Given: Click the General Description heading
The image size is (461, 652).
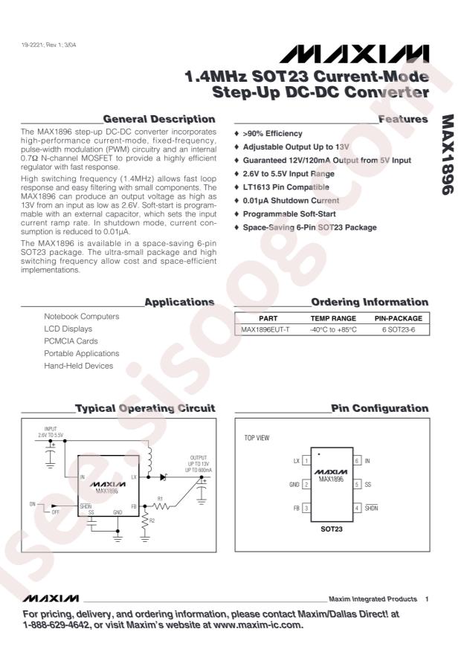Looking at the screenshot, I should tap(159, 119).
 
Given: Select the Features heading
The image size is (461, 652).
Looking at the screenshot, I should tap(403, 119).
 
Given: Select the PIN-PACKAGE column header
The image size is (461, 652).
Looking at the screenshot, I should tap(399, 317).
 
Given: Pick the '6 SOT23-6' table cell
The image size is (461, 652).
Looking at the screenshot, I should tap(399, 329).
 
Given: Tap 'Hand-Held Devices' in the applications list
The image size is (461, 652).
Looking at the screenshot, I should tap(78, 365).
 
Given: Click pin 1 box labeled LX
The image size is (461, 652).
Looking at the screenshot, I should tap(306, 461).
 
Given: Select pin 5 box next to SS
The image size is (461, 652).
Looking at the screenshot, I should tap(356, 484).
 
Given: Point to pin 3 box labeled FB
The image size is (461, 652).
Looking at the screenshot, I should tap(306, 507).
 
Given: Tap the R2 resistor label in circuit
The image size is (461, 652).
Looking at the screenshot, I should tap(153, 521).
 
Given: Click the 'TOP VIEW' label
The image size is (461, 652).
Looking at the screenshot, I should tap(257, 438).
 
